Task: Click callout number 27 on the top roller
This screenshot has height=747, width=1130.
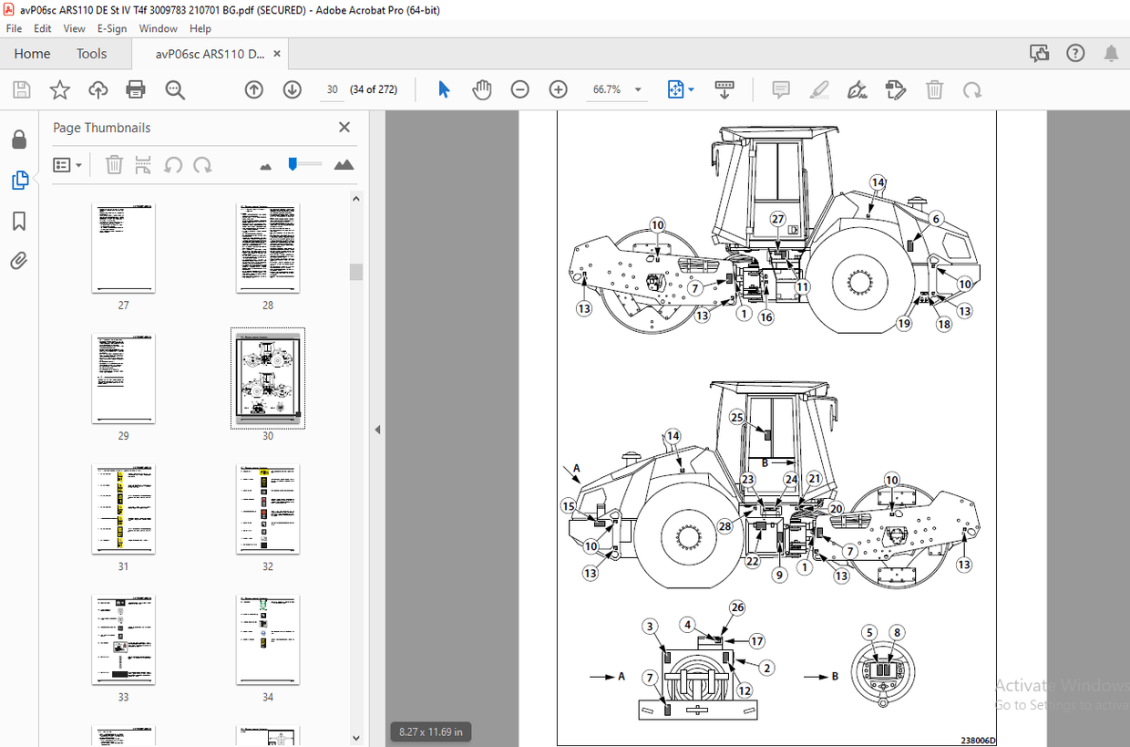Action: click(x=777, y=219)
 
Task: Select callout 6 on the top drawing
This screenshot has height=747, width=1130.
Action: click(x=936, y=219)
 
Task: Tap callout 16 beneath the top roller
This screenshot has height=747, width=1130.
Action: click(x=766, y=317)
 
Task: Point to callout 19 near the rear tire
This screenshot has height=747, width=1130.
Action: click(x=903, y=324)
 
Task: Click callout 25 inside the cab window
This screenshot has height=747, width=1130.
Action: click(x=737, y=417)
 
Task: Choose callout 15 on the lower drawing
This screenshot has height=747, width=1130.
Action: click(x=568, y=506)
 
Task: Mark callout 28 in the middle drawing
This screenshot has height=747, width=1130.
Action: click(x=724, y=526)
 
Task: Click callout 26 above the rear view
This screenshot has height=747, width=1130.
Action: click(x=737, y=607)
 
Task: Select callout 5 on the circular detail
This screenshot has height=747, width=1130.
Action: click(x=870, y=632)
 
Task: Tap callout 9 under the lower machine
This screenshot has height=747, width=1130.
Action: click(x=779, y=575)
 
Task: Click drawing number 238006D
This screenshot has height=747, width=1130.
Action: click(x=978, y=741)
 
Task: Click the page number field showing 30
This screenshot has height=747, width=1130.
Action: click(x=332, y=89)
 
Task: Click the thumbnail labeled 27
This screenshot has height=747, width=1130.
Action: click(x=123, y=247)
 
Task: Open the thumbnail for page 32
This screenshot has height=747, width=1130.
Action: click(x=267, y=509)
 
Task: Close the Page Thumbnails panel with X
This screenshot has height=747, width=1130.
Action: click(x=344, y=128)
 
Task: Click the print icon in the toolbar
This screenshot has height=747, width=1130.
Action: click(x=136, y=89)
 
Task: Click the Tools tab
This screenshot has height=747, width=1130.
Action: click(x=91, y=54)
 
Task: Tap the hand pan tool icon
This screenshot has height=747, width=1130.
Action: click(x=481, y=89)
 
